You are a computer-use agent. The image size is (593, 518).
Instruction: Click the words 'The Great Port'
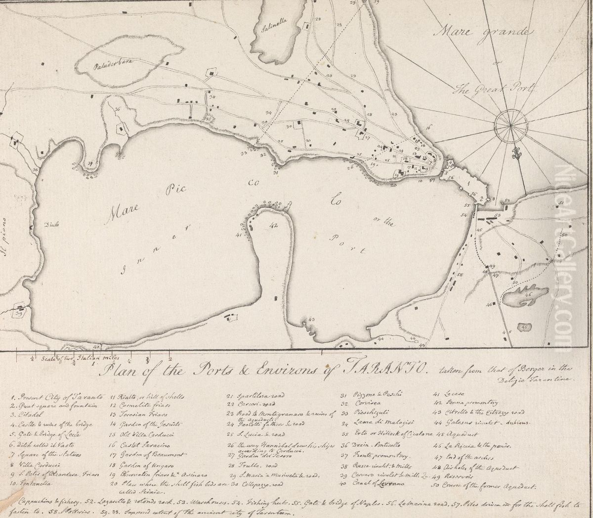494,89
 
